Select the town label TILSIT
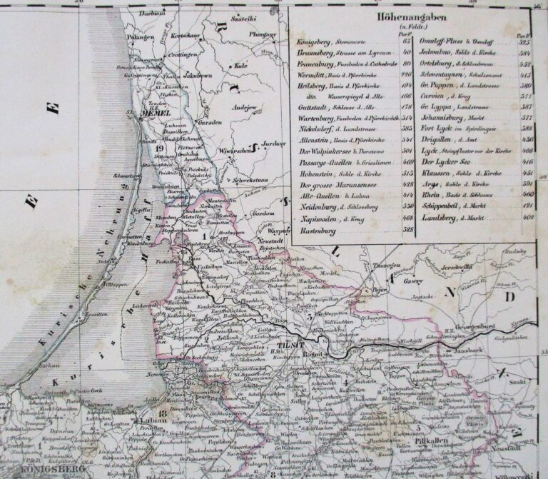285,347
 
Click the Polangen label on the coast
140,36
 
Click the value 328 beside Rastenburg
407,229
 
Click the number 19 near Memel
159,148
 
